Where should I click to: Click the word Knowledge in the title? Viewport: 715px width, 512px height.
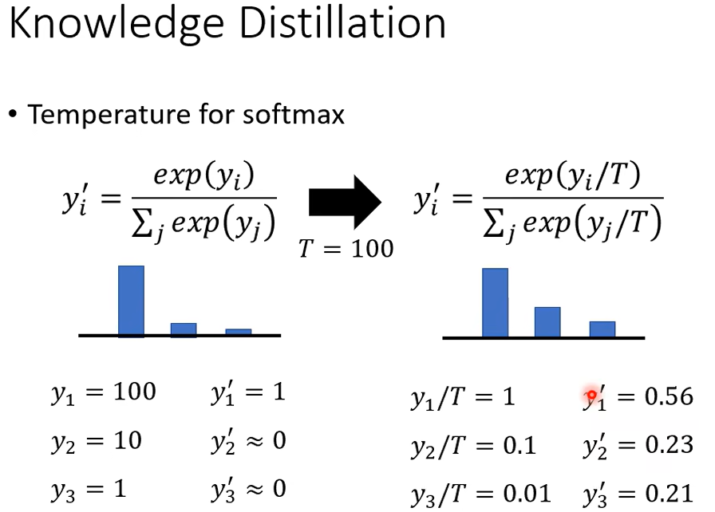point(117,26)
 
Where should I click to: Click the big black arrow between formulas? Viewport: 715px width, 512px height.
point(346,203)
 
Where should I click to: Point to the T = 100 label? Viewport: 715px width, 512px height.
point(346,249)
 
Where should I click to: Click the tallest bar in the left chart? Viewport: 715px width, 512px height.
point(132,301)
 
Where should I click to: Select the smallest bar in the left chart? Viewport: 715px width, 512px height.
point(239,332)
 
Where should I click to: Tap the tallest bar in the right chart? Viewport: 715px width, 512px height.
point(496,303)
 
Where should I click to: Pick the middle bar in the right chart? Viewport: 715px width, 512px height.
point(547,322)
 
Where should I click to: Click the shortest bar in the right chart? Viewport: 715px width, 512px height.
point(602,329)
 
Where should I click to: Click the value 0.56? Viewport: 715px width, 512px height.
point(669,396)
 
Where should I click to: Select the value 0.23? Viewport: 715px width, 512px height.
point(669,444)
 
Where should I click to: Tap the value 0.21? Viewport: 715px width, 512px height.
point(669,494)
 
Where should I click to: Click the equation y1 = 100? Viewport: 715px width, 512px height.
point(104,392)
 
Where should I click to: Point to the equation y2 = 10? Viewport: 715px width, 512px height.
point(97,442)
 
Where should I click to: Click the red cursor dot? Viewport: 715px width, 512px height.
point(591,395)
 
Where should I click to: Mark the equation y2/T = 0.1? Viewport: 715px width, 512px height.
point(473,447)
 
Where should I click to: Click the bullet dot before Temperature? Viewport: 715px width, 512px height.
point(13,114)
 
